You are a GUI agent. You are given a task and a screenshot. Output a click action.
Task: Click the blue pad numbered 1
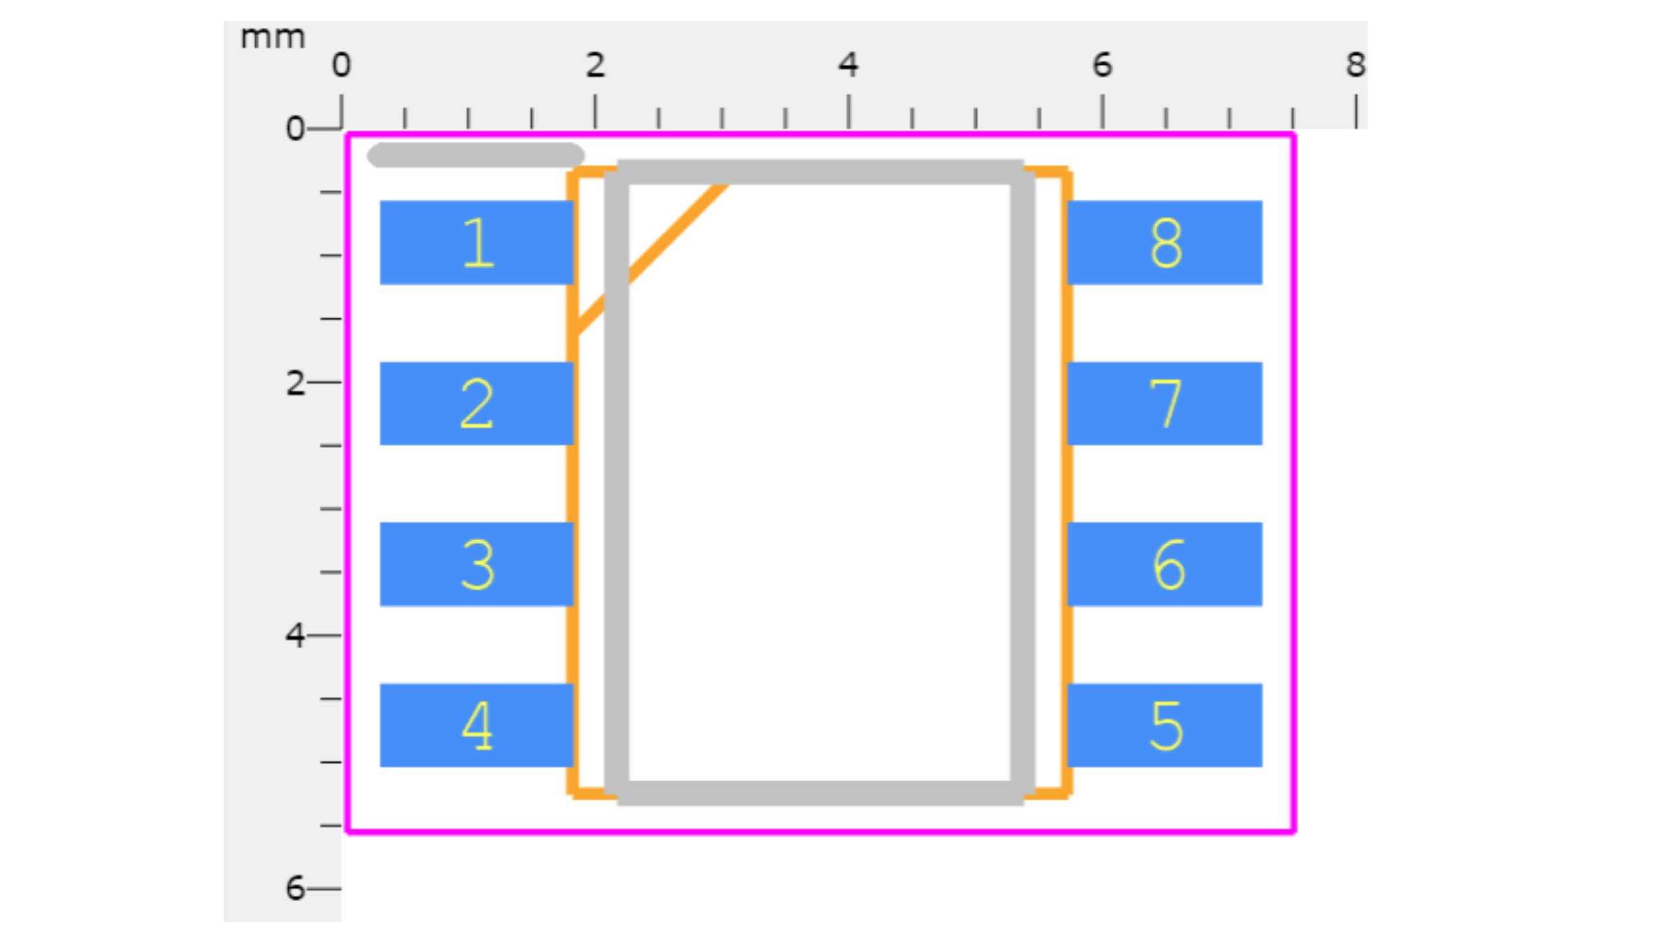click(x=477, y=242)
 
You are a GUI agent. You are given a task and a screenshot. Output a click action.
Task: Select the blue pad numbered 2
click(x=477, y=403)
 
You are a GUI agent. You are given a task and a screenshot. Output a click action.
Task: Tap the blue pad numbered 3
click(x=477, y=564)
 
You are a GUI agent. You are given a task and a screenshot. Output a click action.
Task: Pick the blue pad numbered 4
click(x=477, y=725)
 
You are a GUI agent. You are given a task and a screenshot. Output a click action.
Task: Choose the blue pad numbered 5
click(x=1165, y=725)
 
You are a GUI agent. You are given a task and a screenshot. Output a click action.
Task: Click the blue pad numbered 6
click(x=1165, y=564)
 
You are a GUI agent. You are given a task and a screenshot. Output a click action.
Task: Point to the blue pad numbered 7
click(x=1165, y=403)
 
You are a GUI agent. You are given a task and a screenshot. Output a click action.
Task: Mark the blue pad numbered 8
click(x=1165, y=242)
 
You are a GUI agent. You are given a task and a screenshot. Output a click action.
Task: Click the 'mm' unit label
click(x=272, y=38)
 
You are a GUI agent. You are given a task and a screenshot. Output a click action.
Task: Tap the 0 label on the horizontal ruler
click(x=341, y=65)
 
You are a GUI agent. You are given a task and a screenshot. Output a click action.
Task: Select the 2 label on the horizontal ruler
click(x=594, y=65)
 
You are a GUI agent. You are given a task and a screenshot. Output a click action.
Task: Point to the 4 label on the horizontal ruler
click(x=848, y=65)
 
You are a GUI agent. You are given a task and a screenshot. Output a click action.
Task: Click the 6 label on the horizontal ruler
click(x=1102, y=65)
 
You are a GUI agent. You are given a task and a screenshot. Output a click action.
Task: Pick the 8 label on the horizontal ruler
click(x=1355, y=65)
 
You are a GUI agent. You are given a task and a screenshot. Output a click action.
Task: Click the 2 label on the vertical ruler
click(x=295, y=383)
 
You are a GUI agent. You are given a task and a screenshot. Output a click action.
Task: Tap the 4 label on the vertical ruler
click(x=295, y=636)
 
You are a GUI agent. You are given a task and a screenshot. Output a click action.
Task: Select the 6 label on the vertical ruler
click(x=295, y=889)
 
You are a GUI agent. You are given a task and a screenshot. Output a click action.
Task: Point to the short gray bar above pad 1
click(x=475, y=155)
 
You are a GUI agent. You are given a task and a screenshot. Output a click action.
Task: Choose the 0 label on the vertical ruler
click(x=295, y=129)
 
